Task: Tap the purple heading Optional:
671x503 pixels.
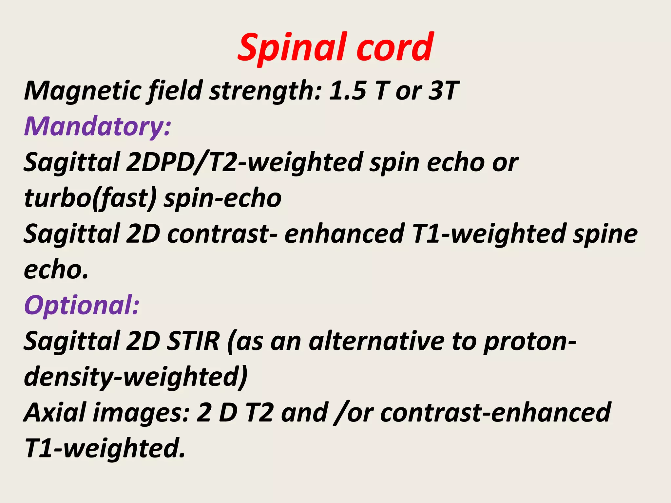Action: [82, 305]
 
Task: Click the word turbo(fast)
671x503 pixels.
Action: [90, 198]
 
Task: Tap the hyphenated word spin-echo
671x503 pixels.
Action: [223, 198]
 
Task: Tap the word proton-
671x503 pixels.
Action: [529, 341]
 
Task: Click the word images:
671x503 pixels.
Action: [141, 413]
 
